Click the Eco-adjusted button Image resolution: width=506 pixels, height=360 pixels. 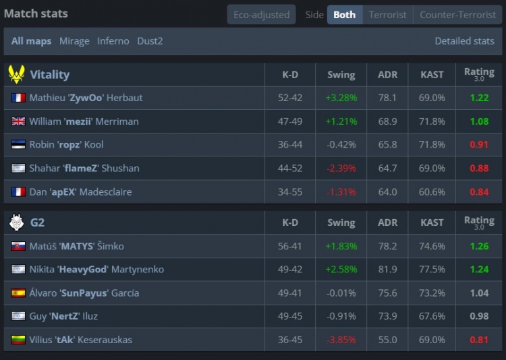pyautogui.click(x=261, y=14)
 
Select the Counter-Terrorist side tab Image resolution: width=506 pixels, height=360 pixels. pyautogui.click(x=457, y=14)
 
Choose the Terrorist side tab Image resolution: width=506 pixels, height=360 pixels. pyautogui.click(x=387, y=14)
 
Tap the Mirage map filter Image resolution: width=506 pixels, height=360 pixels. pyautogui.click(x=74, y=41)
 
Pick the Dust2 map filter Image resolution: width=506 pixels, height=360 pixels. pyautogui.click(x=150, y=41)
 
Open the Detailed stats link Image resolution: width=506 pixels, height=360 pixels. pyautogui.click(x=464, y=41)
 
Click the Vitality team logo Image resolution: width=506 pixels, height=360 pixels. pyautogui.click(x=16, y=74)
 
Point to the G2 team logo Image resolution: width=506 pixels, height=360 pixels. pyautogui.click(x=16, y=222)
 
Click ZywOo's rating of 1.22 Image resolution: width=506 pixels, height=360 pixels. pyautogui.click(x=479, y=98)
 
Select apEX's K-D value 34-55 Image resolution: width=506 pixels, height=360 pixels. pyautogui.click(x=290, y=191)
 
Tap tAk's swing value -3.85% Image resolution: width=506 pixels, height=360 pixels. pyautogui.click(x=341, y=340)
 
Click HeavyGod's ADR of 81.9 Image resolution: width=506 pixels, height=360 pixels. pyautogui.click(x=388, y=270)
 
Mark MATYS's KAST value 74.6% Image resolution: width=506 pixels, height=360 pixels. pyautogui.click(x=432, y=246)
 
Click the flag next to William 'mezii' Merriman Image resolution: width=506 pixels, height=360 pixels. pyautogui.click(x=18, y=121)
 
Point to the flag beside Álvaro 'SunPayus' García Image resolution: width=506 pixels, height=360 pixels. pyautogui.click(x=18, y=293)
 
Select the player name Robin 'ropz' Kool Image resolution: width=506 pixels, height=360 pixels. pyautogui.click(x=66, y=144)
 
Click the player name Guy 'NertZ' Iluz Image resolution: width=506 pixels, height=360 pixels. pyautogui.click(x=63, y=316)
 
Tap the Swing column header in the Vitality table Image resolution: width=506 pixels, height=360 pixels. pyautogui.click(x=341, y=74)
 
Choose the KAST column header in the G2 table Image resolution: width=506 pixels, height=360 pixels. pyautogui.click(x=432, y=222)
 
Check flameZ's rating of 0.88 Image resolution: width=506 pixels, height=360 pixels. pyautogui.click(x=479, y=168)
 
